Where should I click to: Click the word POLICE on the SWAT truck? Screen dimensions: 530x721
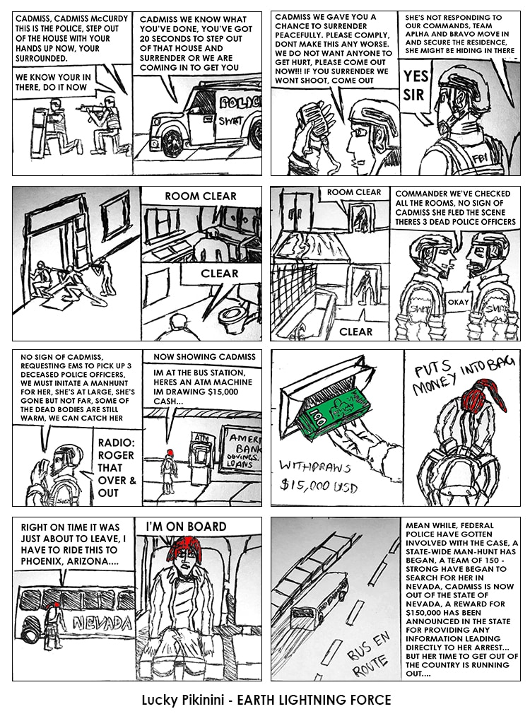(240, 102)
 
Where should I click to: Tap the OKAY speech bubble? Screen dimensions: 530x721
(458, 303)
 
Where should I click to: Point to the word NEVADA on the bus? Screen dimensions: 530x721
(102, 623)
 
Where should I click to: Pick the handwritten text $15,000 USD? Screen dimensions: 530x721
(319, 485)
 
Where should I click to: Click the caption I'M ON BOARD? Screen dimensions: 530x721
(186, 527)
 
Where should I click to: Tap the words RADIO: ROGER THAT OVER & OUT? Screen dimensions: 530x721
(117, 468)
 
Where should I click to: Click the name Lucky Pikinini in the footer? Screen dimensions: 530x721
(182, 701)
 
